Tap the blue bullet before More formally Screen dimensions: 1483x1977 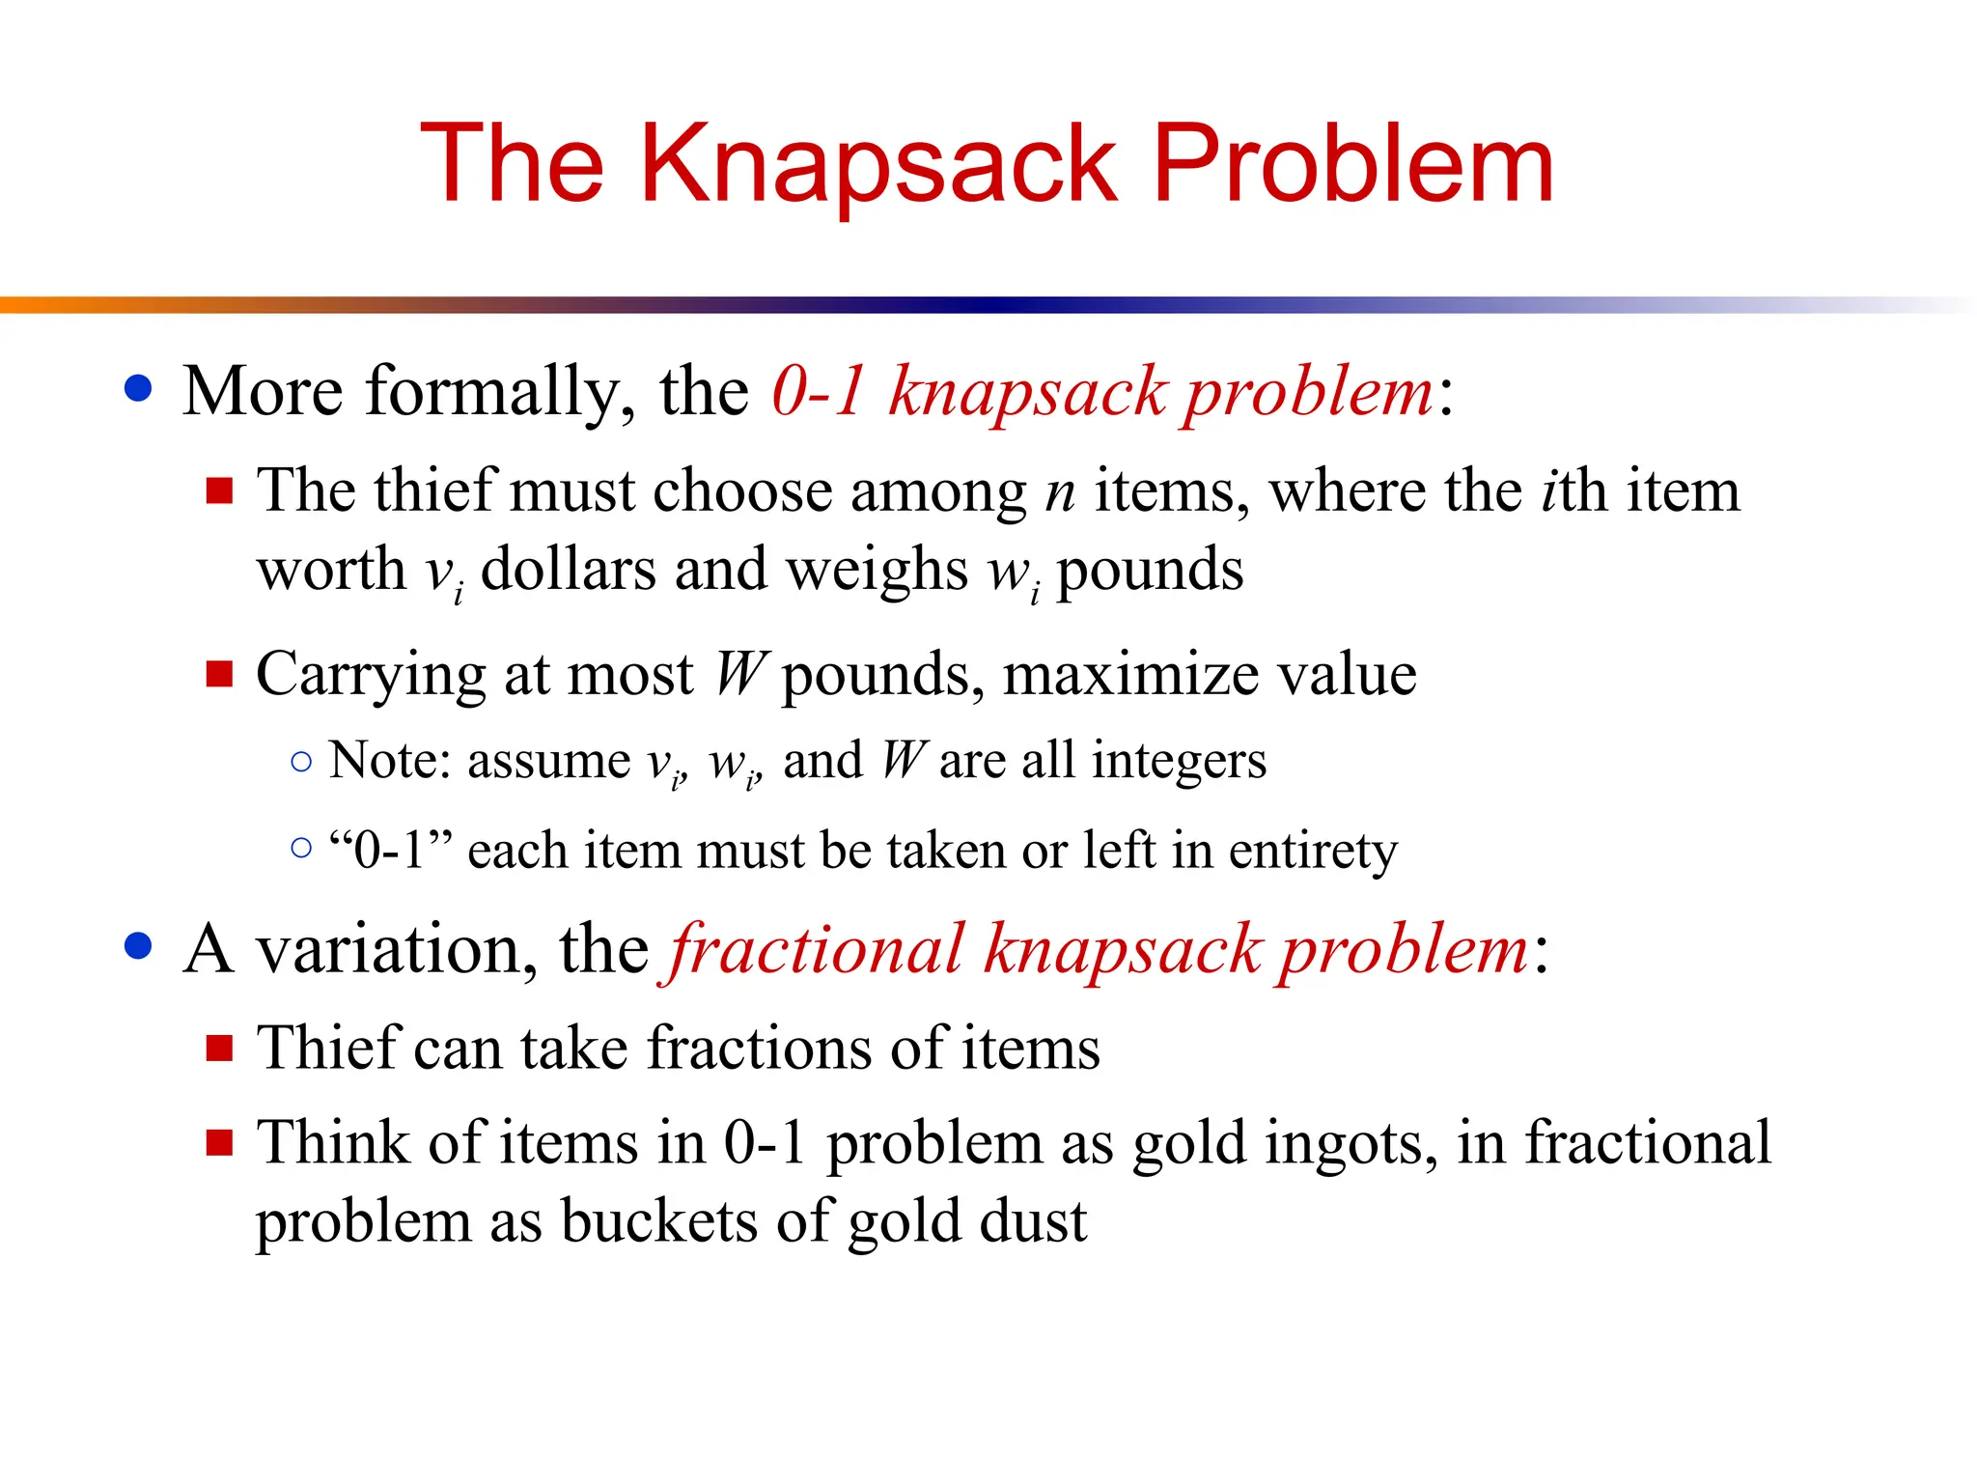click(139, 388)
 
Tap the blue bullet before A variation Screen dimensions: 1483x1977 click(139, 946)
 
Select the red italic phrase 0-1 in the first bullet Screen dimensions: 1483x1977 click(819, 391)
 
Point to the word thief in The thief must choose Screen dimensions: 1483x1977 click(435, 490)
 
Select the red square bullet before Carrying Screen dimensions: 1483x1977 click(220, 673)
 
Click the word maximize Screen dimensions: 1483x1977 click(1132, 674)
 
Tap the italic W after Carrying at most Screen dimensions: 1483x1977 click(740, 674)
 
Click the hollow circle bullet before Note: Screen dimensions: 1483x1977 click(301, 762)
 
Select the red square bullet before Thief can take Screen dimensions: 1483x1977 click(220, 1049)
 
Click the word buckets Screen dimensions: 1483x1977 click(660, 1222)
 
